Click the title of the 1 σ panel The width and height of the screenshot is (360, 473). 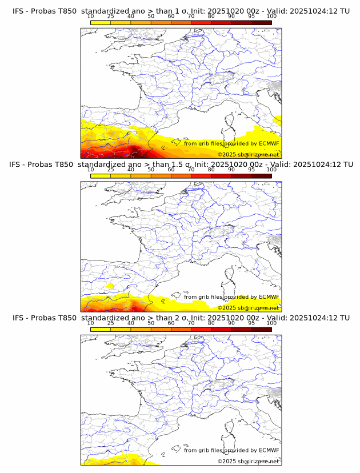pos(181,11)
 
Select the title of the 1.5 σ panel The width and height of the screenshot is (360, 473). pos(181,164)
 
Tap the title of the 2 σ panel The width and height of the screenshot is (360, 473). pos(181,318)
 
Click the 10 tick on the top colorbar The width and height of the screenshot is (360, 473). pos(91,17)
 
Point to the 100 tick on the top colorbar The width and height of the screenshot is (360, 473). pos(271,17)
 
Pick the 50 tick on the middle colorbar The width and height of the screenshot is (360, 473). pos(151,170)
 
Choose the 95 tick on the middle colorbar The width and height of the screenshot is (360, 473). pos(251,170)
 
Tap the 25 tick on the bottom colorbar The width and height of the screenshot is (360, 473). pos(111,323)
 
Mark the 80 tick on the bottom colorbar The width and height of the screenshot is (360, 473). pos(211,323)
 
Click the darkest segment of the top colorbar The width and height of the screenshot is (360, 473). pos(261,22)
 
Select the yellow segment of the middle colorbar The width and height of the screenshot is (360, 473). pos(101,175)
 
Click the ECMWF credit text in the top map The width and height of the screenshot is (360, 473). pos(231,143)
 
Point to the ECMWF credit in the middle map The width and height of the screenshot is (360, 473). pos(231,297)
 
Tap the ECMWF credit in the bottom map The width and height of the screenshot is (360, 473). pos(231,451)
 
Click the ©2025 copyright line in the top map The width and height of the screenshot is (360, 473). pos(248,155)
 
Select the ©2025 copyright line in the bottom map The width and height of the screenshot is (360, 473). pos(248,462)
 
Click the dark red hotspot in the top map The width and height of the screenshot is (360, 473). pos(135,151)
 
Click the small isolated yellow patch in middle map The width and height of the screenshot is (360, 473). pos(110,284)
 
